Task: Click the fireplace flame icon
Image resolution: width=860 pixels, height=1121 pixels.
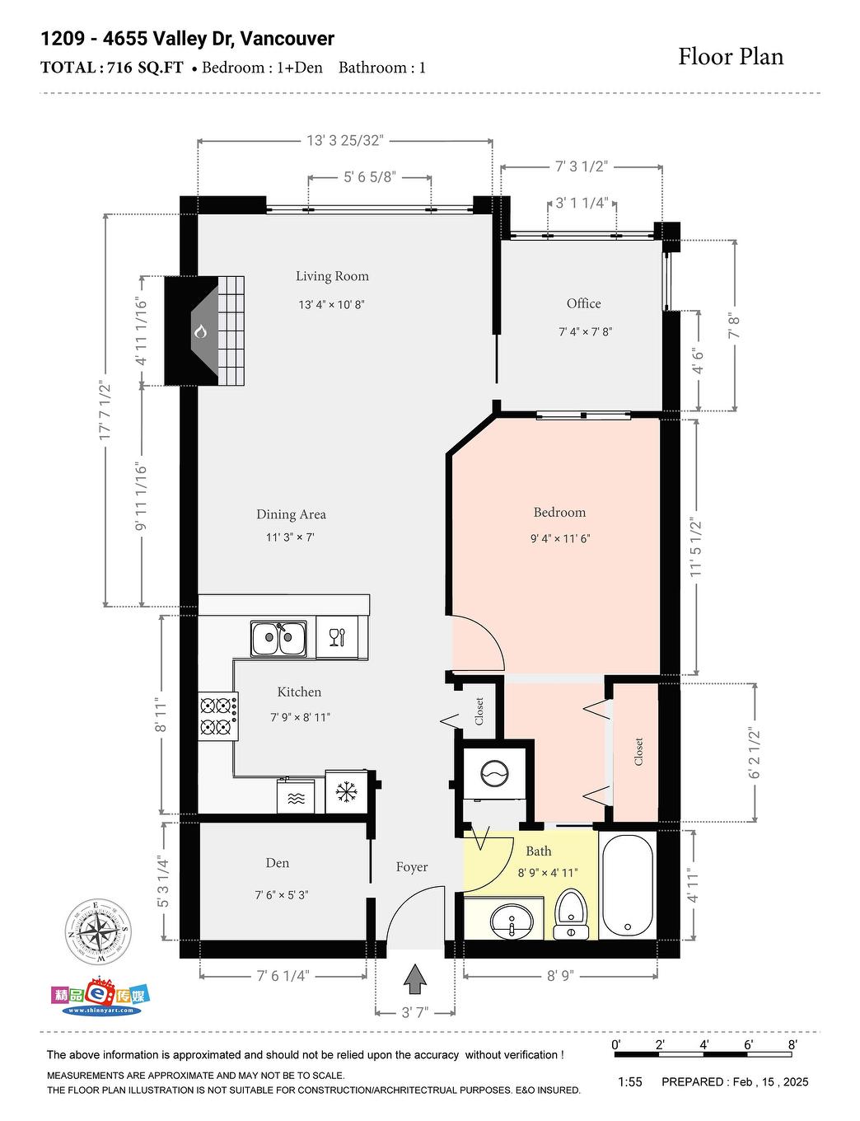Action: click(200, 331)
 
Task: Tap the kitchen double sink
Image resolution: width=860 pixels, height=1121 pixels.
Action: click(278, 639)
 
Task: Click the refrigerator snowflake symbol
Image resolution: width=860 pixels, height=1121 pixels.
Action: click(346, 793)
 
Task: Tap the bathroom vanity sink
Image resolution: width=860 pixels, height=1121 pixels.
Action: click(511, 920)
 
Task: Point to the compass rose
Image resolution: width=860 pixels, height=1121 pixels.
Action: click(99, 932)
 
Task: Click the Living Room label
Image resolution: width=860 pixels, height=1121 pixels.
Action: click(332, 276)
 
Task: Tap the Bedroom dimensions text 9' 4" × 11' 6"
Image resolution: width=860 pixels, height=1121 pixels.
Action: click(560, 538)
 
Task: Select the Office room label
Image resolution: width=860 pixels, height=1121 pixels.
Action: click(583, 303)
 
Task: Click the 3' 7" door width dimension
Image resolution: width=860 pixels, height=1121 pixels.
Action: click(415, 1012)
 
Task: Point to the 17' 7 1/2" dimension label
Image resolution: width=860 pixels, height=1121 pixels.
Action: click(105, 410)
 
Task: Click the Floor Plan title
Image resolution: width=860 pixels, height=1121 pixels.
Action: click(731, 57)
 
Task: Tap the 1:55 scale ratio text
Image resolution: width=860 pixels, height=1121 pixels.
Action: click(629, 1081)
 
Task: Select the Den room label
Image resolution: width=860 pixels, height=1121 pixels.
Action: click(278, 863)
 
